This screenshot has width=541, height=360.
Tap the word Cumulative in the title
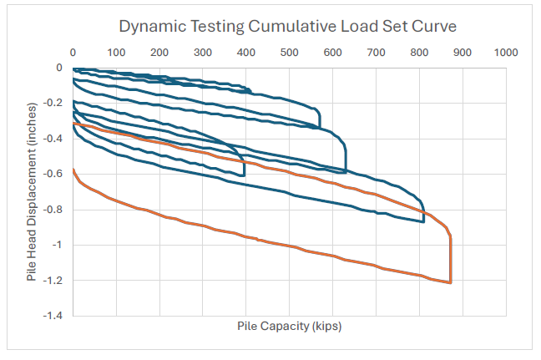tap(289, 26)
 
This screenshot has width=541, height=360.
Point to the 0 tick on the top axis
tap(73, 53)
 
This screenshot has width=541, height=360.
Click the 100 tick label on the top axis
tap(116, 53)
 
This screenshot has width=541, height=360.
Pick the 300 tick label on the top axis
tap(203, 53)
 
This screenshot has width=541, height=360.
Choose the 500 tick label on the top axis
tap(290, 53)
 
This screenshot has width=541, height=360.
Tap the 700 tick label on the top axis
tap(377, 53)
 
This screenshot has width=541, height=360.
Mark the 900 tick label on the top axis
tap(463, 53)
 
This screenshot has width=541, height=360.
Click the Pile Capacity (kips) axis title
tap(290, 327)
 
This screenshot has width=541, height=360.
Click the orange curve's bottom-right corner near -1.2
tap(451, 283)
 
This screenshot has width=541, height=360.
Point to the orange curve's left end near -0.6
tap(74, 170)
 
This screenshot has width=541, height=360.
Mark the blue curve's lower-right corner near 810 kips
tap(423, 221)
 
